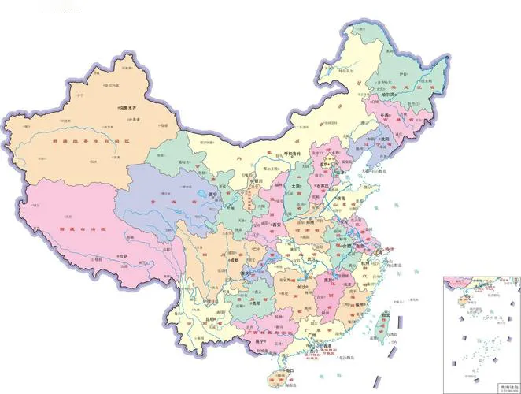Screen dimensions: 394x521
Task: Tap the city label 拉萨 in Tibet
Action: tap(123, 256)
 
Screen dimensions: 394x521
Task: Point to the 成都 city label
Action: tap(232, 259)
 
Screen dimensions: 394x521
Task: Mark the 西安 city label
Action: tap(276, 224)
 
